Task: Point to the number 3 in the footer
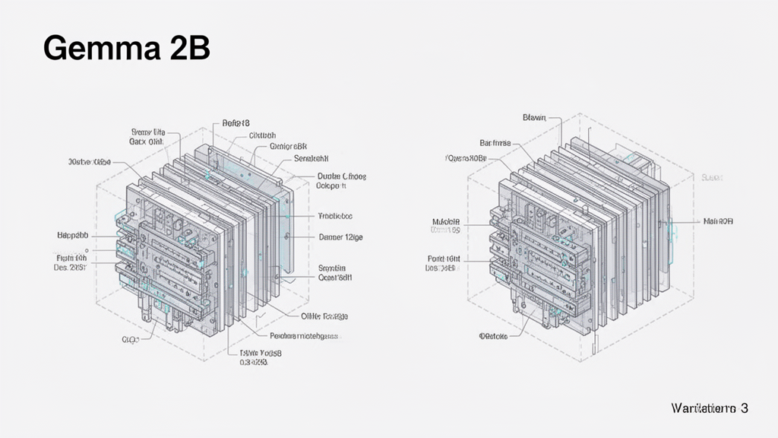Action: point(745,408)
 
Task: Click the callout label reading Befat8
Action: point(236,122)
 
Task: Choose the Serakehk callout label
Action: point(310,159)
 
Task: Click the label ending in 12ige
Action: point(340,237)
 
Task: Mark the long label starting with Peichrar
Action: point(305,335)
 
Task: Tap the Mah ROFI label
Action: point(718,221)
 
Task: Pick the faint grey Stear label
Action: point(711,177)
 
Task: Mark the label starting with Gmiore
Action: point(288,145)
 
